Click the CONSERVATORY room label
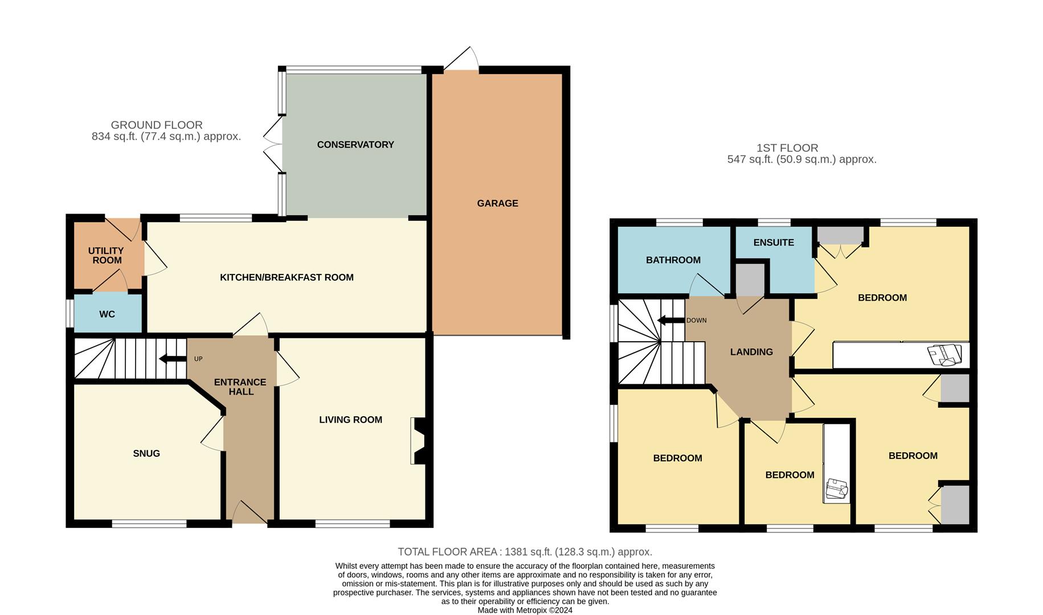355,145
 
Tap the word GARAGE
497,203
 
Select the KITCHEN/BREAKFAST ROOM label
287,277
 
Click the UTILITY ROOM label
107,255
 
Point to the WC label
107,314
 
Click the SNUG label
146,453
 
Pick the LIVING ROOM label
350,420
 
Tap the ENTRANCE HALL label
240,387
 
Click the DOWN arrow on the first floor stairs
671,321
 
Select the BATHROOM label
673,260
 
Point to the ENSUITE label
774,243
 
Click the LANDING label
751,352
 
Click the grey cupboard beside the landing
750,279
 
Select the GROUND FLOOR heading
157,125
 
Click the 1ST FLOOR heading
787,148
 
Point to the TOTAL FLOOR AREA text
525,552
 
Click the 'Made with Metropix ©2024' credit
525,610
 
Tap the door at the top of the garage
462,59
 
